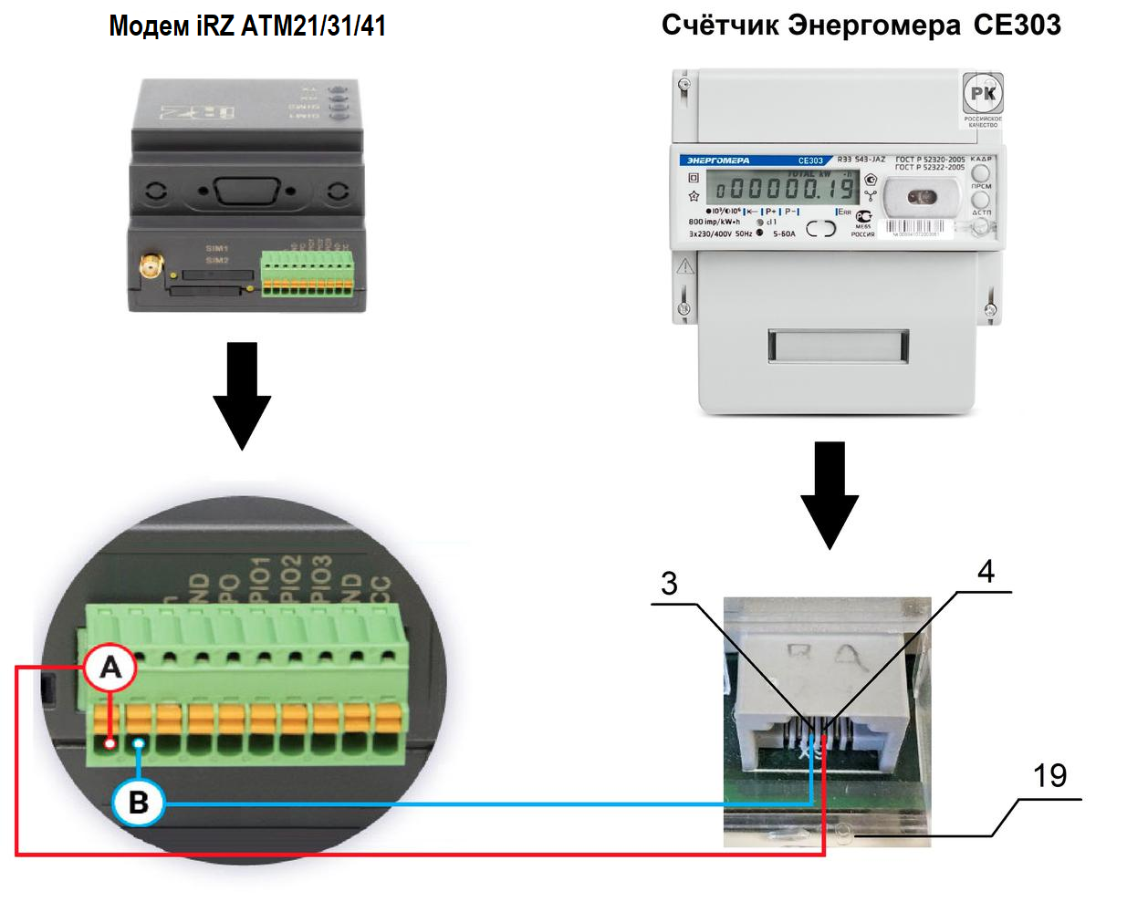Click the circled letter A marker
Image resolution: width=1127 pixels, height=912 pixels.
point(110,668)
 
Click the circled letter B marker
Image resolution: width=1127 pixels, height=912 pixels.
point(138,803)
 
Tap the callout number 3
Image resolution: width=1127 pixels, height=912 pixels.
point(669,584)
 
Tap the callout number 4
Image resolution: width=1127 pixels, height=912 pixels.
point(986,572)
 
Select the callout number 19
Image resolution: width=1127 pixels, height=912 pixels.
point(1049,776)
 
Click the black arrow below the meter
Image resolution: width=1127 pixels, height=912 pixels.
point(830,493)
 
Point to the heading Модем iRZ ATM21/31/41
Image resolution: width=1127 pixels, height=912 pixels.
point(246,26)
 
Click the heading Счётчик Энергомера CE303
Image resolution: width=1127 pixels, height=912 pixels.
point(861,25)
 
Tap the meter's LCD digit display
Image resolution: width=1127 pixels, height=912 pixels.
point(785,189)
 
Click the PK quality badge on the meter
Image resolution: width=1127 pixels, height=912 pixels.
point(983,94)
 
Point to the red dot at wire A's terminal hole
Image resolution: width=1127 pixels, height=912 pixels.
point(110,743)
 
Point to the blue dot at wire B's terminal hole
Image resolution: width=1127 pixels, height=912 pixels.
point(139,744)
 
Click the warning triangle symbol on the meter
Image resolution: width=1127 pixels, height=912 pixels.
point(685,266)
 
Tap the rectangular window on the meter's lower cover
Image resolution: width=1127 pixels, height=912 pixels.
point(838,346)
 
